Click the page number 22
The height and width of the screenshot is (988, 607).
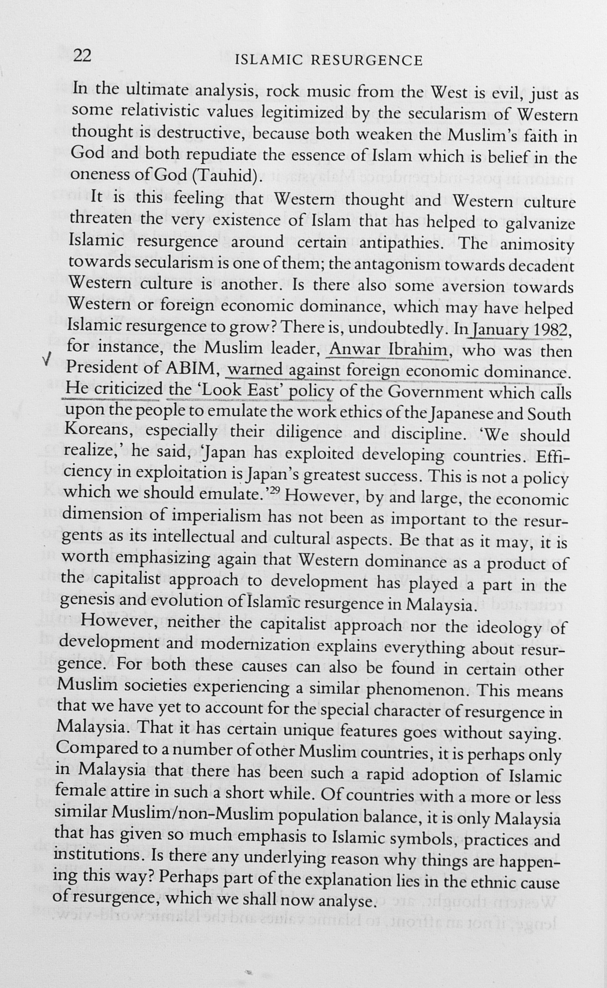pos(83,56)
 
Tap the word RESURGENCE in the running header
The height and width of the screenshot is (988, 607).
pos(366,61)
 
